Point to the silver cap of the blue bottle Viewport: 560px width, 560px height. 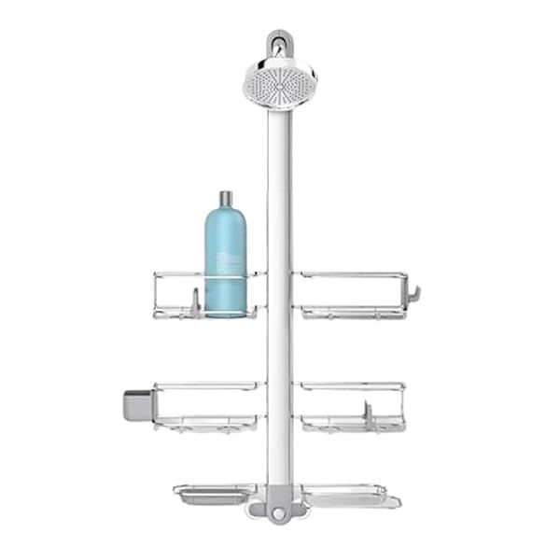[x=225, y=200]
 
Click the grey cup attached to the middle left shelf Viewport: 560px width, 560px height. [x=136, y=402]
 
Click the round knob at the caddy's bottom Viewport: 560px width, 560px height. [x=277, y=516]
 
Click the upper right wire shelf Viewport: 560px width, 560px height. [x=353, y=294]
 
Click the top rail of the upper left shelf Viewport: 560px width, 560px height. [x=177, y=273]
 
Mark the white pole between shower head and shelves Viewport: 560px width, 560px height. [x=277, y=187]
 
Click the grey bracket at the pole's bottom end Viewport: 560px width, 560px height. [x=276, y=504]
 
